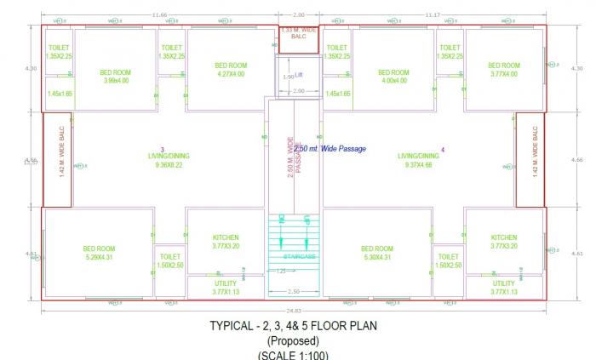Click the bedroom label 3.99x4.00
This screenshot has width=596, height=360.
115,81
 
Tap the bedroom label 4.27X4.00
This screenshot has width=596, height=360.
230,74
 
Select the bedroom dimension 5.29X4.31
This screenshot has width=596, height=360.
99,256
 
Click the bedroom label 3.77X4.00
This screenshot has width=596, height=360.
504,74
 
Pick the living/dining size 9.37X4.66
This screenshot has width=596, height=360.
418,165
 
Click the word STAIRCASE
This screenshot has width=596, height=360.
294,255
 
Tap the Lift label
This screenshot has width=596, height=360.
298,75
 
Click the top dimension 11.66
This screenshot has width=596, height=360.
159,14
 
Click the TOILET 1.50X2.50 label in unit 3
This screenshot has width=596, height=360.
170,260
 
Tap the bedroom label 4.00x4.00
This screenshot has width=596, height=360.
391,81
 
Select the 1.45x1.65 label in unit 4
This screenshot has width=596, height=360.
337,94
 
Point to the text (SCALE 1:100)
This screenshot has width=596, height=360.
293,355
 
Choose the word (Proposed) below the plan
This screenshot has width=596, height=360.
293,340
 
